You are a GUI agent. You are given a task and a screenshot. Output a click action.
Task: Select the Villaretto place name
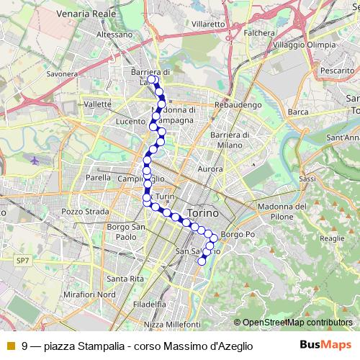coord(208,23)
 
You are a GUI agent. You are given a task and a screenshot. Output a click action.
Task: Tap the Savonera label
coord(61,73)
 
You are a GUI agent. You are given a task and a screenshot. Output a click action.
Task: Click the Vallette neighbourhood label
coord(97,104)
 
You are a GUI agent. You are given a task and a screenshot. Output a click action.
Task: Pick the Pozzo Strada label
coord(85,212)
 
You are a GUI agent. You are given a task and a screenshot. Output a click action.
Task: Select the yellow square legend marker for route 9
coord(10,346)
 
